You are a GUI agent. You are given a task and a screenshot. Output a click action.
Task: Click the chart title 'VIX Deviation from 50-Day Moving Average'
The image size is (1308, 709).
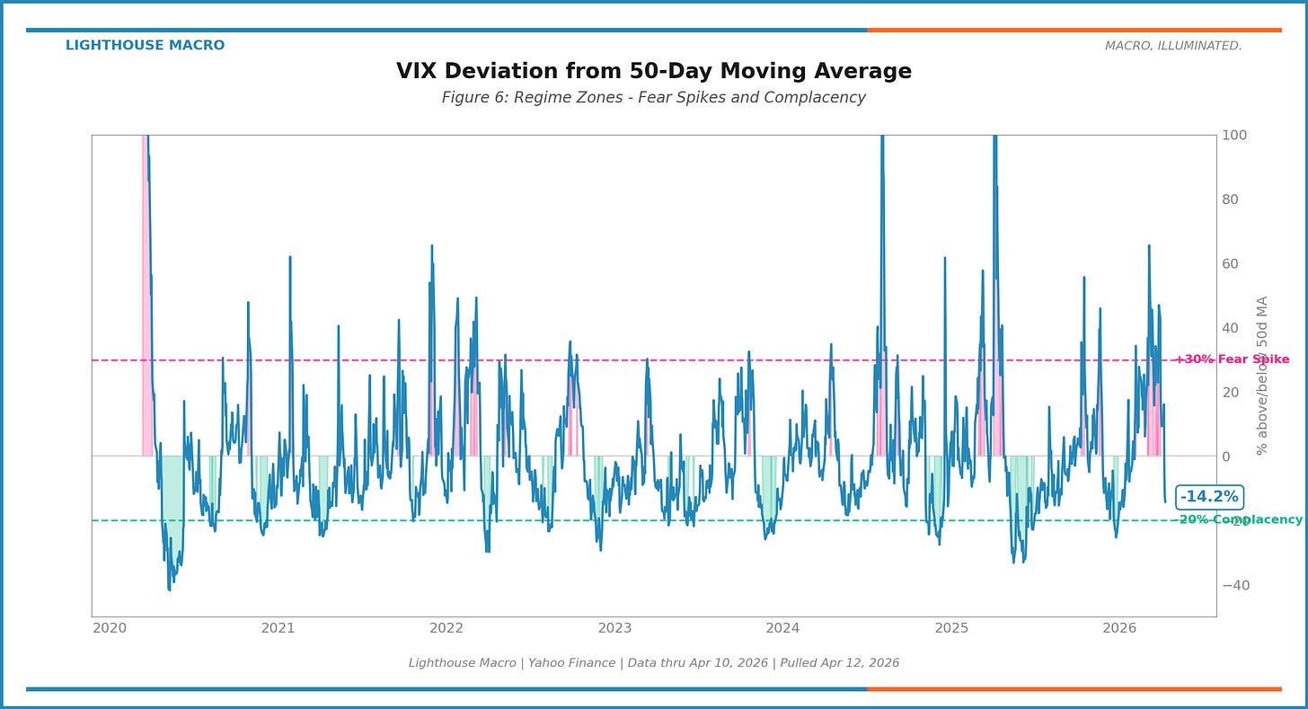click(653, 72)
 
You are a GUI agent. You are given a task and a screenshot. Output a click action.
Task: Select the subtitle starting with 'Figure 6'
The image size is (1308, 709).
click(653, 98)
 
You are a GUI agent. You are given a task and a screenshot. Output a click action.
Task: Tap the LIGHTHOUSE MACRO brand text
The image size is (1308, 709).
click(145, 46)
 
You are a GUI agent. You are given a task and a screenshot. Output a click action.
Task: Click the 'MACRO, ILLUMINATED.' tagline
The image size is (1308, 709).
click(1173, 46)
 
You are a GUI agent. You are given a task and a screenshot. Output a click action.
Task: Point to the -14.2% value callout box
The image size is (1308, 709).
click(1209, 497)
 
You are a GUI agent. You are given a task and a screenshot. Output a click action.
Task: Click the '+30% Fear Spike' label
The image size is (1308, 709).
click(1232, 359)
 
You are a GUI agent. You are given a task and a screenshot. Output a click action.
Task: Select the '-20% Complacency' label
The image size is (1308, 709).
click(1241, 520)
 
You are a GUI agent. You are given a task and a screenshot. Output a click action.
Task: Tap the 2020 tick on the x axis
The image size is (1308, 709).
click(110, 628)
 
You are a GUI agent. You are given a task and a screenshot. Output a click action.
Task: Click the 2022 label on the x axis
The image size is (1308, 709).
click(446, 628)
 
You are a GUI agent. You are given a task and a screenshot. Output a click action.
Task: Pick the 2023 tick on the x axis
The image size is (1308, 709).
click(614, 628)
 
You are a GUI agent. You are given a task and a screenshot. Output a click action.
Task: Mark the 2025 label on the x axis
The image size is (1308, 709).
click(951, 628)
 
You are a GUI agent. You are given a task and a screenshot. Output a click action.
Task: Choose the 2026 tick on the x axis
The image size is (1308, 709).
click(1119, 628)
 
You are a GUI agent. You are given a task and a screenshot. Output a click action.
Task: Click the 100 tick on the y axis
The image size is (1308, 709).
click(1233, 136)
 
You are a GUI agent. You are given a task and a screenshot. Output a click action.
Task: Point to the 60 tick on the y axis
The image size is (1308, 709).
click(1231, 264)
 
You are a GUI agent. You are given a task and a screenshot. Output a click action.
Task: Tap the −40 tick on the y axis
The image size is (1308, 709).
click(1234, 585)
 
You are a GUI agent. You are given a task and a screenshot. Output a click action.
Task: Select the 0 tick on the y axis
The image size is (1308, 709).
click(1226, 456)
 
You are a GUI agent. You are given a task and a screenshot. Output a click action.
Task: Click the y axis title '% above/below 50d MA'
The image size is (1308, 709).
click(1262, 376)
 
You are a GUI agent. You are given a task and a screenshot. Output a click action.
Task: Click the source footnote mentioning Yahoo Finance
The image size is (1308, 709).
click(653, 663)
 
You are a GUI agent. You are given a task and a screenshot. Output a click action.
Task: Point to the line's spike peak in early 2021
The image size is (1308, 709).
click(290, 257)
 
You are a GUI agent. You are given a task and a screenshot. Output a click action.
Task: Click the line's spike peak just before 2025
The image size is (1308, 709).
click(945, 258)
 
